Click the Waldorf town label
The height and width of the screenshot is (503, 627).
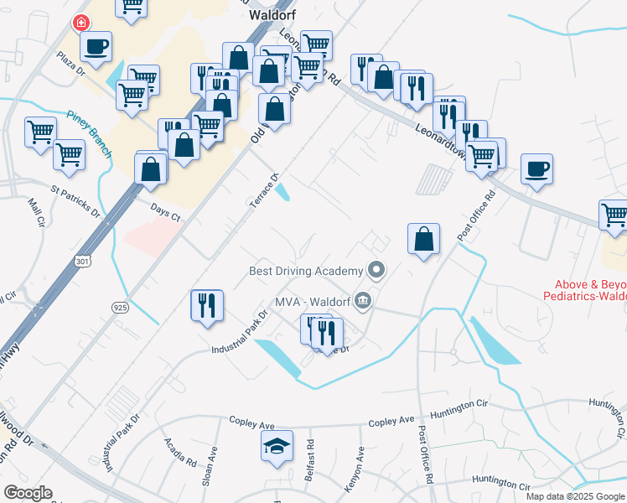tap(270, 14)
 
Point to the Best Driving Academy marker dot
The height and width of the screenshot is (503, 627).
tap(376, 270)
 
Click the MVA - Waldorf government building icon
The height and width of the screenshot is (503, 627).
tap(363, 300)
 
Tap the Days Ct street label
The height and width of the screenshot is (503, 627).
tap(165, 214)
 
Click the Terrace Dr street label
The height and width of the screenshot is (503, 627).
tap(264, 194)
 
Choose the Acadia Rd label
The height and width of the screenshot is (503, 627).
tap(175, 454)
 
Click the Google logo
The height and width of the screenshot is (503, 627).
tap(28, 493)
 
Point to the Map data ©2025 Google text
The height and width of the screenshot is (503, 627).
tap(574, 496)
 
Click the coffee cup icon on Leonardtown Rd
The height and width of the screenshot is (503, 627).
tap(536, 168)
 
